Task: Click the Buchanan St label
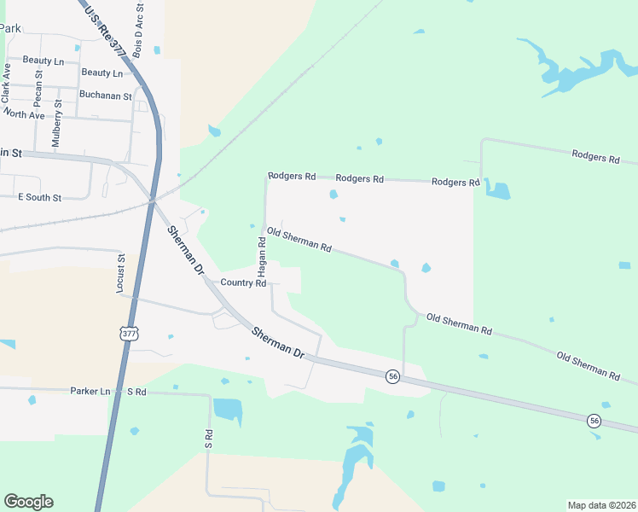pos(105,96)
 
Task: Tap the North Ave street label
pos(24,114)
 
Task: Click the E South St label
pos(40,197)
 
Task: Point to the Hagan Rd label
pos(263,256)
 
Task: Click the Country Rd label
pos(243,282)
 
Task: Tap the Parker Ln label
pos(90,391)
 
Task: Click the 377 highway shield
pos(128,334)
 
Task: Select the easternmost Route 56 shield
pos(593,420)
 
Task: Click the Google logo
pos(28,502)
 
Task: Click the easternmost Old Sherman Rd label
pos(588,364)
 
